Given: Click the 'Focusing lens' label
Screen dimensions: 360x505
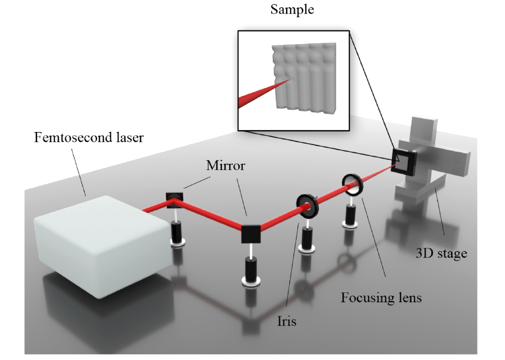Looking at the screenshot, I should tap(381, 297).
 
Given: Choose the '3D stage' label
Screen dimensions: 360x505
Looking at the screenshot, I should tap(440, 253).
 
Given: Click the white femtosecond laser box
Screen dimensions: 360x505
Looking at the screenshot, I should tap(102, 234).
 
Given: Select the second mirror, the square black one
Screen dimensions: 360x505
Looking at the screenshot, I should tap(251, 233).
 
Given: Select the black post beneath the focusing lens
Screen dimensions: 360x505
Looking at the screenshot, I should tap(350, 216).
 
